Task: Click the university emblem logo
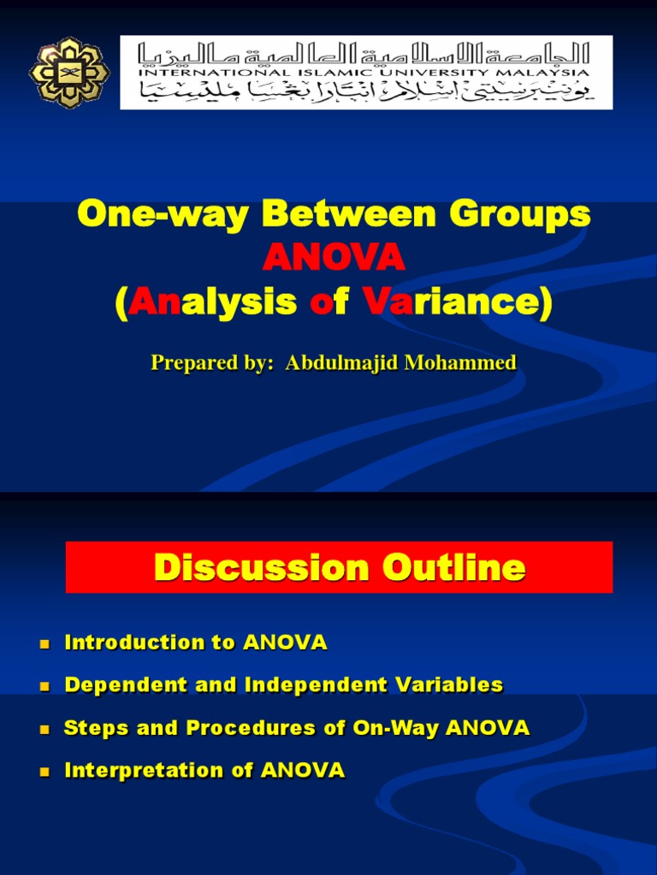tap(69, 72)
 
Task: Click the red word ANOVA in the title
tap(334, 257)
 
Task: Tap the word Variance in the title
tap(453, 302)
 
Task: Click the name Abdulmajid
tap(340, 363)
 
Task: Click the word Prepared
tap(189, 363)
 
